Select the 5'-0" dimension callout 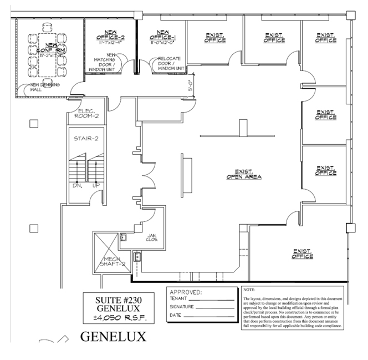191,87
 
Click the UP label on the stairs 95,185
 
